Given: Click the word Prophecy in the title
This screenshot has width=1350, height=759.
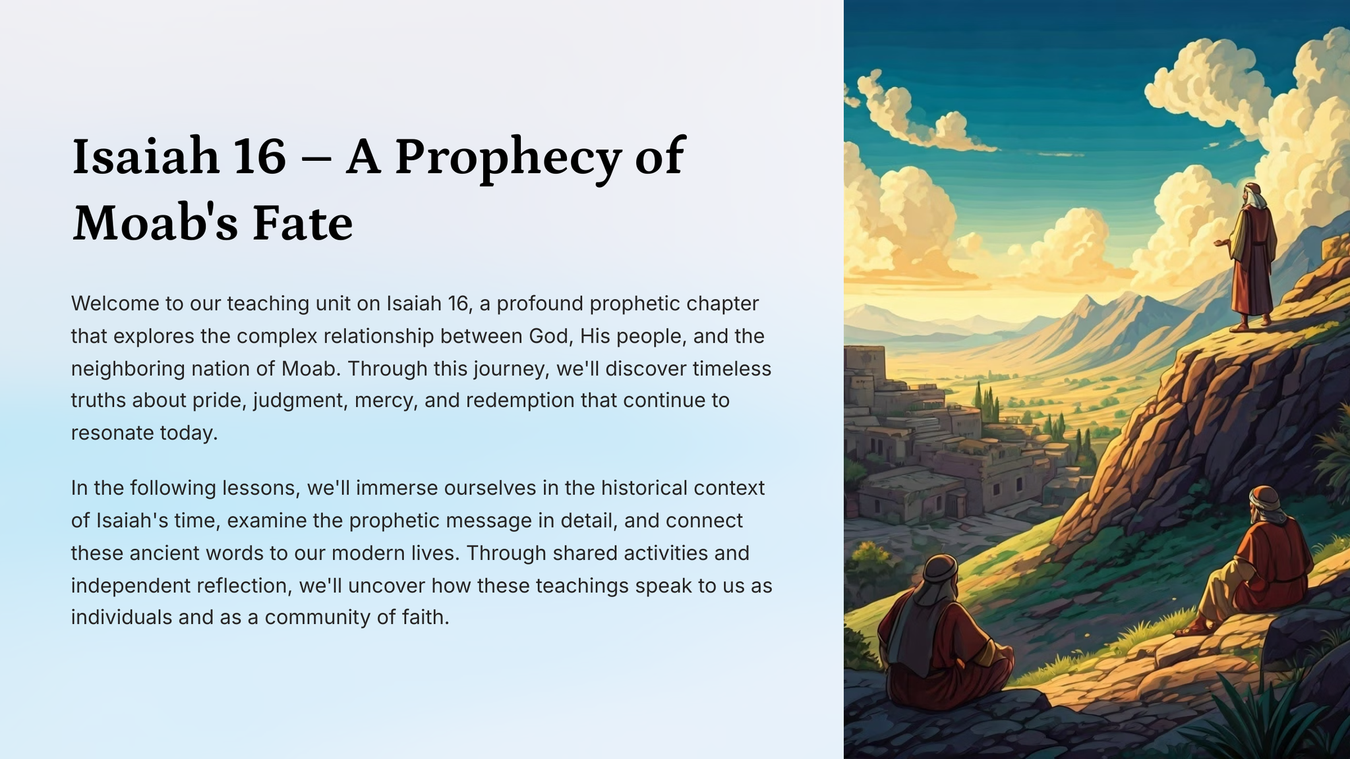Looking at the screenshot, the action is click(x=508, y=159).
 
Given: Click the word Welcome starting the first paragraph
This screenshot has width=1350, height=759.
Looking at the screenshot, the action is click(x=115, y=304).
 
